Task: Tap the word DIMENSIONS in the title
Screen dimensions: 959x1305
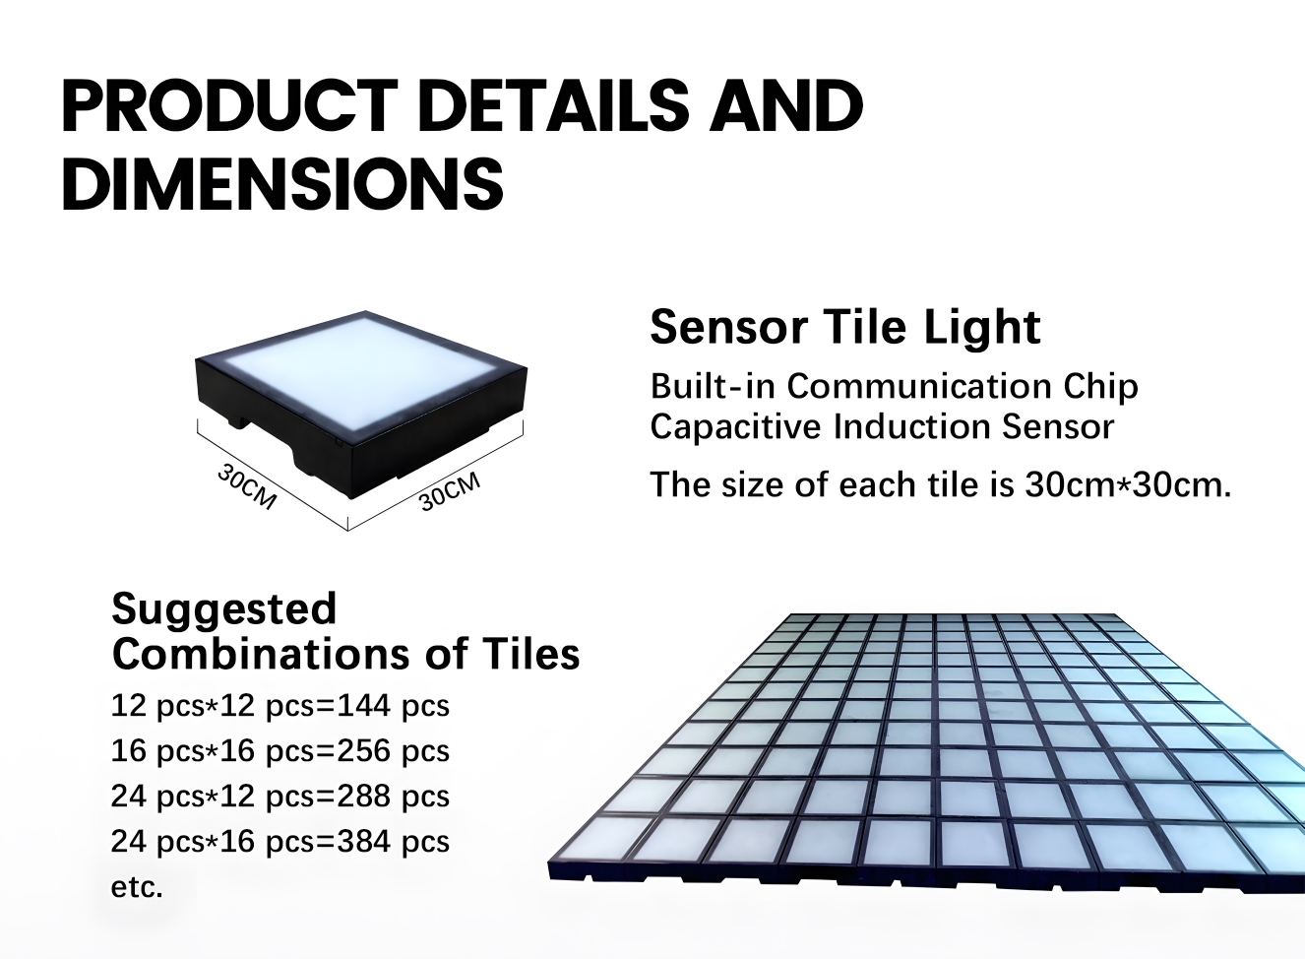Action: point(282,183)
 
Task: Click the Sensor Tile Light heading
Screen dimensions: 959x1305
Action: point(844,327)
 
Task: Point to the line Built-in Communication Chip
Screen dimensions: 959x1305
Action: point(894,386)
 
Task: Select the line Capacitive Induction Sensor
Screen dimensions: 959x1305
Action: point(882,427)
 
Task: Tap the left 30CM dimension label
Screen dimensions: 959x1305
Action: point(247,486)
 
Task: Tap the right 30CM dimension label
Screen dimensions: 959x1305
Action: point(450,491)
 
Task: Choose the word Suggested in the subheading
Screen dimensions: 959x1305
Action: point(223,608)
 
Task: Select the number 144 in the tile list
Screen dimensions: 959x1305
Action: point(364,706)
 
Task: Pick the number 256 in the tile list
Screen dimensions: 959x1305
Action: point(364,751)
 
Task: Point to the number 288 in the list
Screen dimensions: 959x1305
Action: point(364,797)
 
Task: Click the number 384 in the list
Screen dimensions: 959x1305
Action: point(364,842)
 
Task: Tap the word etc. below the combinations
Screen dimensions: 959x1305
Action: point(136,887)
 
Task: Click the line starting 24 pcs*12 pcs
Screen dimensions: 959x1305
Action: point(280,797)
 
